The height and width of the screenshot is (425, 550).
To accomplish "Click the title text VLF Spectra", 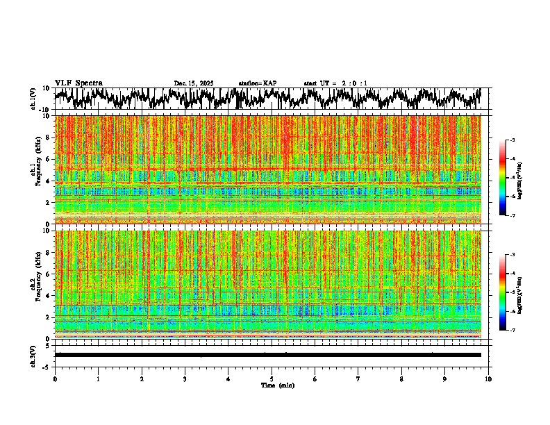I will (78, 83).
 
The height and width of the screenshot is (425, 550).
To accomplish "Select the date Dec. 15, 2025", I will (194, 83).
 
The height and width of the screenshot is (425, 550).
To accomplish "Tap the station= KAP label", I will (258, 83).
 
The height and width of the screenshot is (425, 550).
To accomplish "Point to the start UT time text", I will (335, 83).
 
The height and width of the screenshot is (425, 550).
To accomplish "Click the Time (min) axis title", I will (278, 385).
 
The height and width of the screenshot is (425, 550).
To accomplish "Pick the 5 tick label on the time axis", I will (272, 379).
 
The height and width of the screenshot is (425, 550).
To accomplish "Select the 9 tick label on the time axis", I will (445, 379).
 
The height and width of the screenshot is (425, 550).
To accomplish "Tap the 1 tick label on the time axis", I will (98, 379).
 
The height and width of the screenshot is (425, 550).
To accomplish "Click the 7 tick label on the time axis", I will (358, 379).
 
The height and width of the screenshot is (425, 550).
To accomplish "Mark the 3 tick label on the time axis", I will (185, 379).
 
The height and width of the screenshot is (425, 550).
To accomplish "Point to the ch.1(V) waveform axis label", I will (33, 99).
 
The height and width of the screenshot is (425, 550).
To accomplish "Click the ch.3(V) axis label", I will (33, 354).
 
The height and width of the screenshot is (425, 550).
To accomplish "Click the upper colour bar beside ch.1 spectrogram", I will (509, 178).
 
